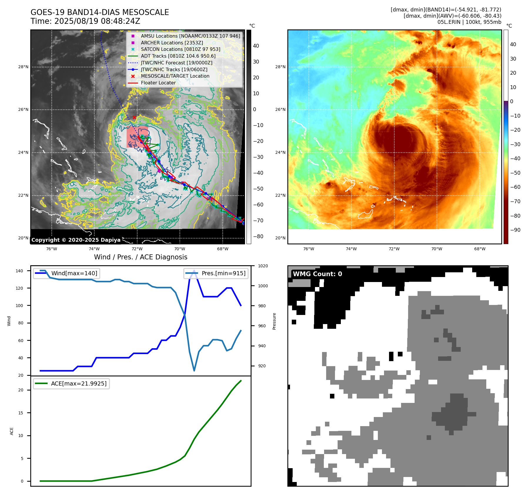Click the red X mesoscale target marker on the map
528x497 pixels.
134,117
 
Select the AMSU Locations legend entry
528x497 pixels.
190,36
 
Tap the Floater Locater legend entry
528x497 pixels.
158,83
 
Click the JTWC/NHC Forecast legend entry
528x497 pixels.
176,63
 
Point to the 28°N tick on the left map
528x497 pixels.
23,67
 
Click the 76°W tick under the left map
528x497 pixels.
52,249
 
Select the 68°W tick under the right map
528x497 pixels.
480,249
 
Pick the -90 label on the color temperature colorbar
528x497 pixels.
515,230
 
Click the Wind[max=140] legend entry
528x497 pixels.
74,273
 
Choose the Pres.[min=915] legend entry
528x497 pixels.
223,273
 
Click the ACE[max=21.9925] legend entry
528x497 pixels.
78,383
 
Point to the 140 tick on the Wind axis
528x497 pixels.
19,271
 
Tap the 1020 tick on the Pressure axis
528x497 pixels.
263,266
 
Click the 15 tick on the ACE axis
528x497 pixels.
21,413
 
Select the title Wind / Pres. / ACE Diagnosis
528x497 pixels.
140,257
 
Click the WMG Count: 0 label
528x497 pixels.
317,274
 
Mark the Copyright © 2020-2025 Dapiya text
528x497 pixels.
76,240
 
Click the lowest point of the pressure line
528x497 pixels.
194,371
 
